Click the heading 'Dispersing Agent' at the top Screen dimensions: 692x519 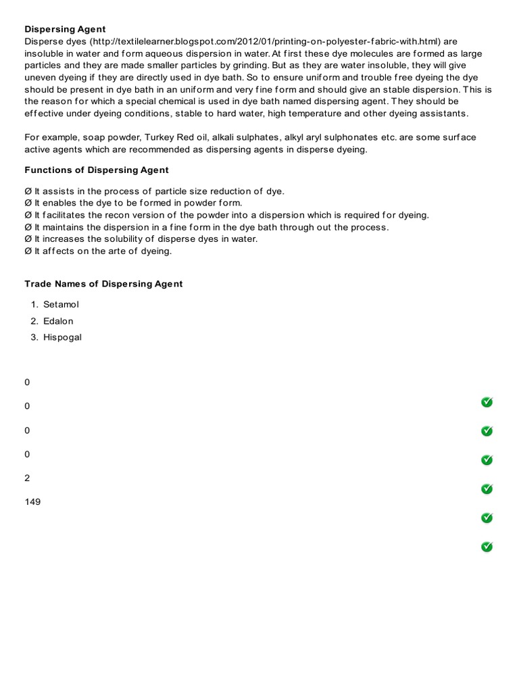pyautogui.click(x=65, y=29)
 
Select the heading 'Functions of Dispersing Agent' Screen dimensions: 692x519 pyautogui.click(x=97, y=170)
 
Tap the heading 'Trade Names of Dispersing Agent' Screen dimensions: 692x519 pyautogui.click(x=103, y=284)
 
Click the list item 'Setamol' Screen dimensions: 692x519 pyautogui.click(x=61, y=305)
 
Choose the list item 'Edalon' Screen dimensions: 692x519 pyautogui.click(x=58, y=321)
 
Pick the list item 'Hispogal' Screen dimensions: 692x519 pyautogui.click(x=62, y=337)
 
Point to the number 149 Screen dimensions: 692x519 pyautogui.click(x=32, y=502)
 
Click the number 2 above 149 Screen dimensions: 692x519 pyautogui.click(x=27, y=478)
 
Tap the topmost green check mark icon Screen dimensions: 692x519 pyautogui.click(x=487, y=402)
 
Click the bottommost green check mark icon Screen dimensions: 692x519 pyautogui.click(x=487, y=546)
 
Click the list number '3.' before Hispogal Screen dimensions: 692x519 pyautogui.click(x=34, y=337)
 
